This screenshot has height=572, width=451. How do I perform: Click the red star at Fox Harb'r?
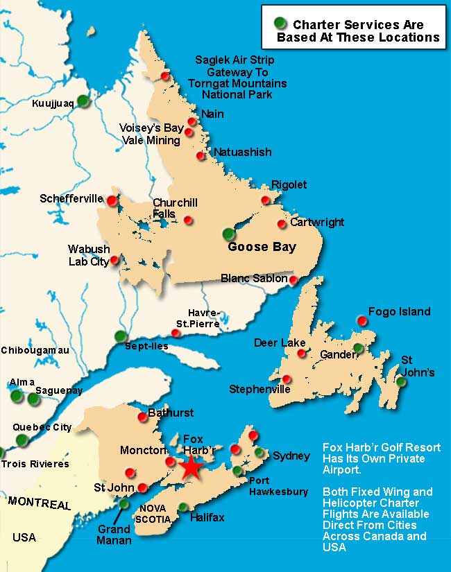tap(189, 468)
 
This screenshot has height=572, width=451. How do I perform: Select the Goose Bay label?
tap(262, 247)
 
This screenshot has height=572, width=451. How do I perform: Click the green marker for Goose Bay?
tap(228, 234)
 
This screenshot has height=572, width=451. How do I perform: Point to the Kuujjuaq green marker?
tap(83, 101)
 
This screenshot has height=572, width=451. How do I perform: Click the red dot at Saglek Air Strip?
tap(165, 76)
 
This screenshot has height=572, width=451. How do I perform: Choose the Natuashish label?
tap(242, 152)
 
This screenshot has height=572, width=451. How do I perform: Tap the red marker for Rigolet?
tap(265, 200)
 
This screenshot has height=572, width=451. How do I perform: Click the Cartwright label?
tap(316, 223)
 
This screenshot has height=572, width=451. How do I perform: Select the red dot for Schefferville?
tap(112, 200)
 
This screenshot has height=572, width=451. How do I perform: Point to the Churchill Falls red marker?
tap(188, 220)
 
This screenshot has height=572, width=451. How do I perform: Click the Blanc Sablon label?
tap(253, 278)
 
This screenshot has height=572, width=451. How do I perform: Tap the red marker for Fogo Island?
tap(361, 320)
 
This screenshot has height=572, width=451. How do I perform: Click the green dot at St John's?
tap(401, 381)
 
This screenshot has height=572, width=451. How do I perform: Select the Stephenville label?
tap(259, 390)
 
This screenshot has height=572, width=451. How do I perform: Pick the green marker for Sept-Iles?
tap(121, 336)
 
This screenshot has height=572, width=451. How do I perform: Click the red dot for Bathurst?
tap(143, 416)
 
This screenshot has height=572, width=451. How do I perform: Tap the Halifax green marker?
tap(183, 507)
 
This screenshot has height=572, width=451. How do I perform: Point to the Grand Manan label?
tap(114, 535)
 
